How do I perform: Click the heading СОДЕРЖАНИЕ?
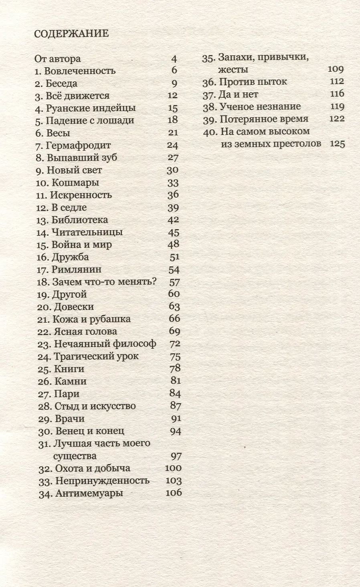pos(71,34)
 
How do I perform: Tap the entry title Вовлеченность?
pos(80,71)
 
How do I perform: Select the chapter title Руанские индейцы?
pos(91,108)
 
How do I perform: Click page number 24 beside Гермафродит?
pos(172,146)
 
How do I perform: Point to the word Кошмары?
pos(75,183)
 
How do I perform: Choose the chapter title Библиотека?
pos(80,220)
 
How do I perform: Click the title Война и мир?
pos(82,245)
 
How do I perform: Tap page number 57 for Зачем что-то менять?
pos(174,282)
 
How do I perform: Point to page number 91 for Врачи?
pos(176,419)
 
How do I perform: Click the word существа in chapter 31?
pos(75,456)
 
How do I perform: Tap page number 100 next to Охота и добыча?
pos(173,468)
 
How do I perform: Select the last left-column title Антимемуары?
pos(89,493)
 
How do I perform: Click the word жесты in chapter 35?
pos(233,70)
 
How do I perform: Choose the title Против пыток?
pos(253,82)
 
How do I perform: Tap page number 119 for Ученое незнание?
pos(337,107)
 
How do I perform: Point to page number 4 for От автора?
pos(174,59)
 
